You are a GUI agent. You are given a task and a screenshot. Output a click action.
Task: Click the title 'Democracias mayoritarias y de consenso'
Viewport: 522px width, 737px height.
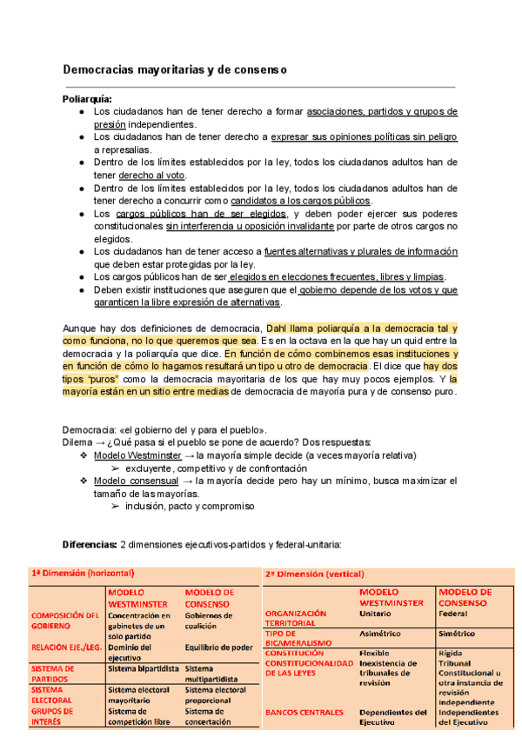point(175,69)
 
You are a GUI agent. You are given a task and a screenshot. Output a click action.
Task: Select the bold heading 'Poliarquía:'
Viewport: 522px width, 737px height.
point(87,99)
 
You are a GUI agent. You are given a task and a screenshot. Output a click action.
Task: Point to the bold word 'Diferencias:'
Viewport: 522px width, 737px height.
point(90,545)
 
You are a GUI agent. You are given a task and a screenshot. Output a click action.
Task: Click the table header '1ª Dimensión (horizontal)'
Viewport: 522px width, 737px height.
point(83,574)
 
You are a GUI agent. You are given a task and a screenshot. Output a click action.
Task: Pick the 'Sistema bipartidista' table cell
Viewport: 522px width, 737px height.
point(143,669)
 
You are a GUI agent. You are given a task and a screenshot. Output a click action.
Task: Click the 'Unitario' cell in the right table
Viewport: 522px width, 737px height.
point(376,613)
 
